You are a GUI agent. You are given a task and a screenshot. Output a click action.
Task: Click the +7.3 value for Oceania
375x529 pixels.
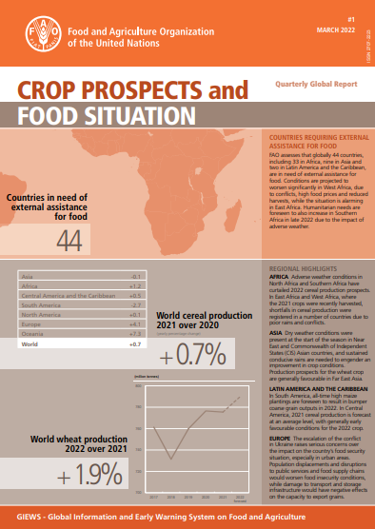click(135, 332)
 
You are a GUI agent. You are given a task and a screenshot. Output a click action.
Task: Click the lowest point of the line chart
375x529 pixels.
click(174, 457)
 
